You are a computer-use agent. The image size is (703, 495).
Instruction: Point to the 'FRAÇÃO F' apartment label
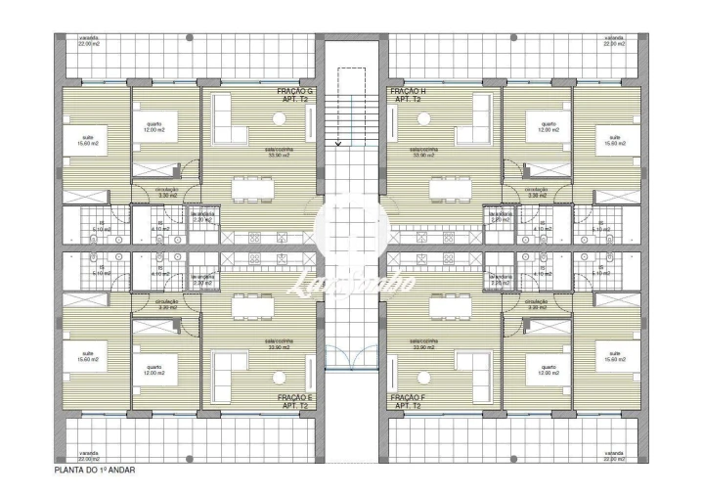tap(407, 400)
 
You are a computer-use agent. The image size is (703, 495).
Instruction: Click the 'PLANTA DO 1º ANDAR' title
tap(95, 471)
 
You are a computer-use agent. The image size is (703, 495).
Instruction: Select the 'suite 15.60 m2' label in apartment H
tap(614, 141)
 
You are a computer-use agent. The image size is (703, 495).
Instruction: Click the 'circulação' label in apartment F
tap(537, 304)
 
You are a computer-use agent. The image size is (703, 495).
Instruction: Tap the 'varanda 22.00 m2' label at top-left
tap(90, 41)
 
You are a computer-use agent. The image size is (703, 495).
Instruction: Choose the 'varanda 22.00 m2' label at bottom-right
tap(614, 456)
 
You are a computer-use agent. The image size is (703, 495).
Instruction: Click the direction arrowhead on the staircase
tap(337, 143)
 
